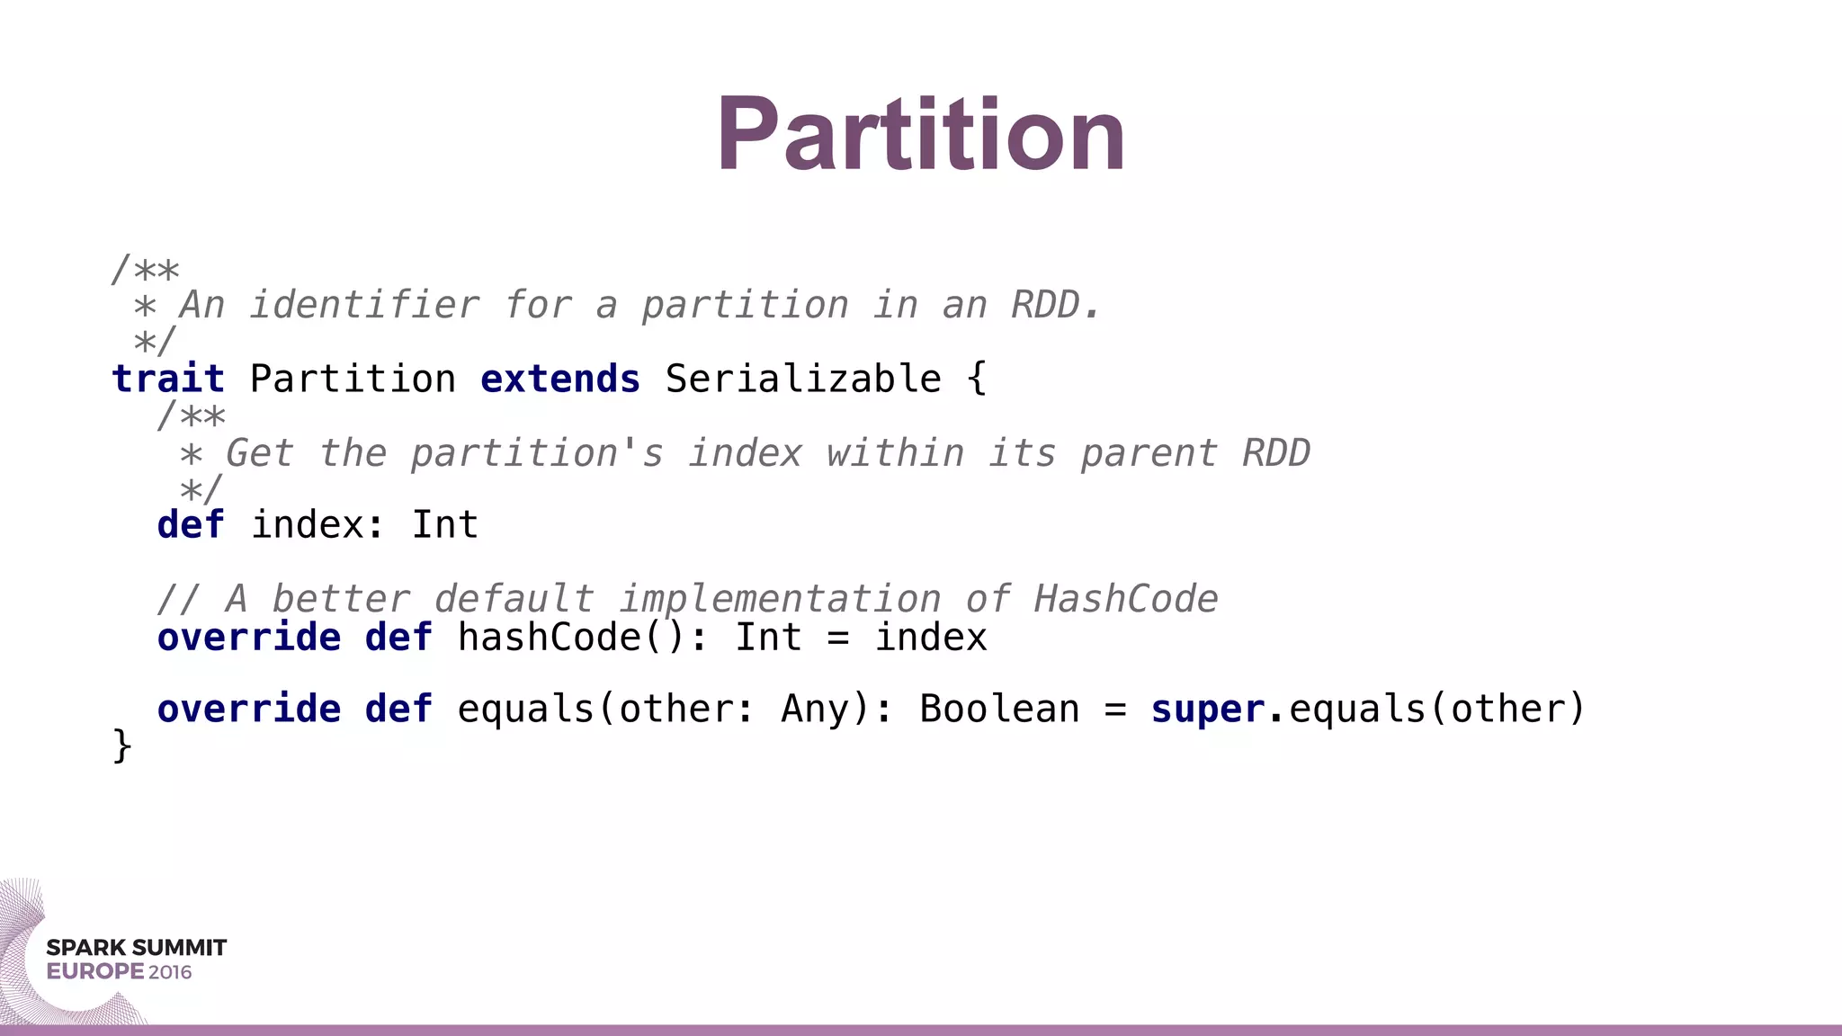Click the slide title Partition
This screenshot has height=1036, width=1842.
click(920, 135)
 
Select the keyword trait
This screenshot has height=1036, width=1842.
click(168, 379)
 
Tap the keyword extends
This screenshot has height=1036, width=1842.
click(560, 379)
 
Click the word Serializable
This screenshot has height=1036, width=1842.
click(803, 379)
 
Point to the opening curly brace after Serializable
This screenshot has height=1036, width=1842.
click(977, 379)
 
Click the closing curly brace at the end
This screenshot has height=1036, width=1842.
click(121, 746)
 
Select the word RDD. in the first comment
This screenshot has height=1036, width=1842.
click(1056, 305)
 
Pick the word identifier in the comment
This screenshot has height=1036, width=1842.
click(364, 305)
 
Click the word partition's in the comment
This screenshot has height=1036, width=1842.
click(537, 453)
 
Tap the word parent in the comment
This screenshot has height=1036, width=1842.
click(1149, 453)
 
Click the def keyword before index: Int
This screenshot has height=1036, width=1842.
click(191, 525)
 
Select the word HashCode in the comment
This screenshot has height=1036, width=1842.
click(1126, 599)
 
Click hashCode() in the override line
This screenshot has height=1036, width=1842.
click(572, 638)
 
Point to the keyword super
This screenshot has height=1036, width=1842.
click(1207, 710)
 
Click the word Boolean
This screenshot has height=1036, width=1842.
click(999, 710)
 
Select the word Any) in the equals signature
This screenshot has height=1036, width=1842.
click(826, 710)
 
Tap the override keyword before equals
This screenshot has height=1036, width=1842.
click(249, 710)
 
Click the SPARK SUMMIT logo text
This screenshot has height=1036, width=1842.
click(137, 948)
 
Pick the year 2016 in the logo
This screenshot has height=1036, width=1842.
click(170, 972)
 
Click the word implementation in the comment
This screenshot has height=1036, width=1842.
click(780, 599)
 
